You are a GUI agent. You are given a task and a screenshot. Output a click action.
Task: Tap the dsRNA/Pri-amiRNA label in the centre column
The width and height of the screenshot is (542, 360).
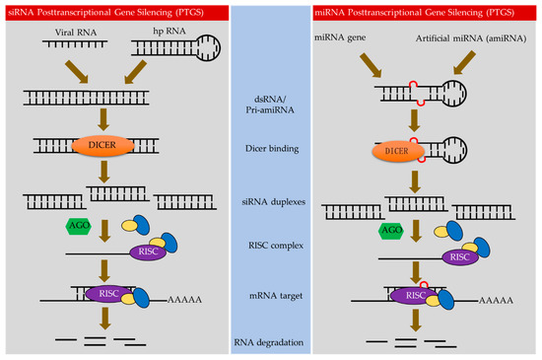pos(270,108)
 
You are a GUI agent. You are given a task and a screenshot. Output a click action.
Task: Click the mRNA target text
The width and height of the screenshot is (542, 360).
pos(270,293)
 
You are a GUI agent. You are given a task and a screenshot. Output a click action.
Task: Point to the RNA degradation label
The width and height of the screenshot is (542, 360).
pos(270,342)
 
